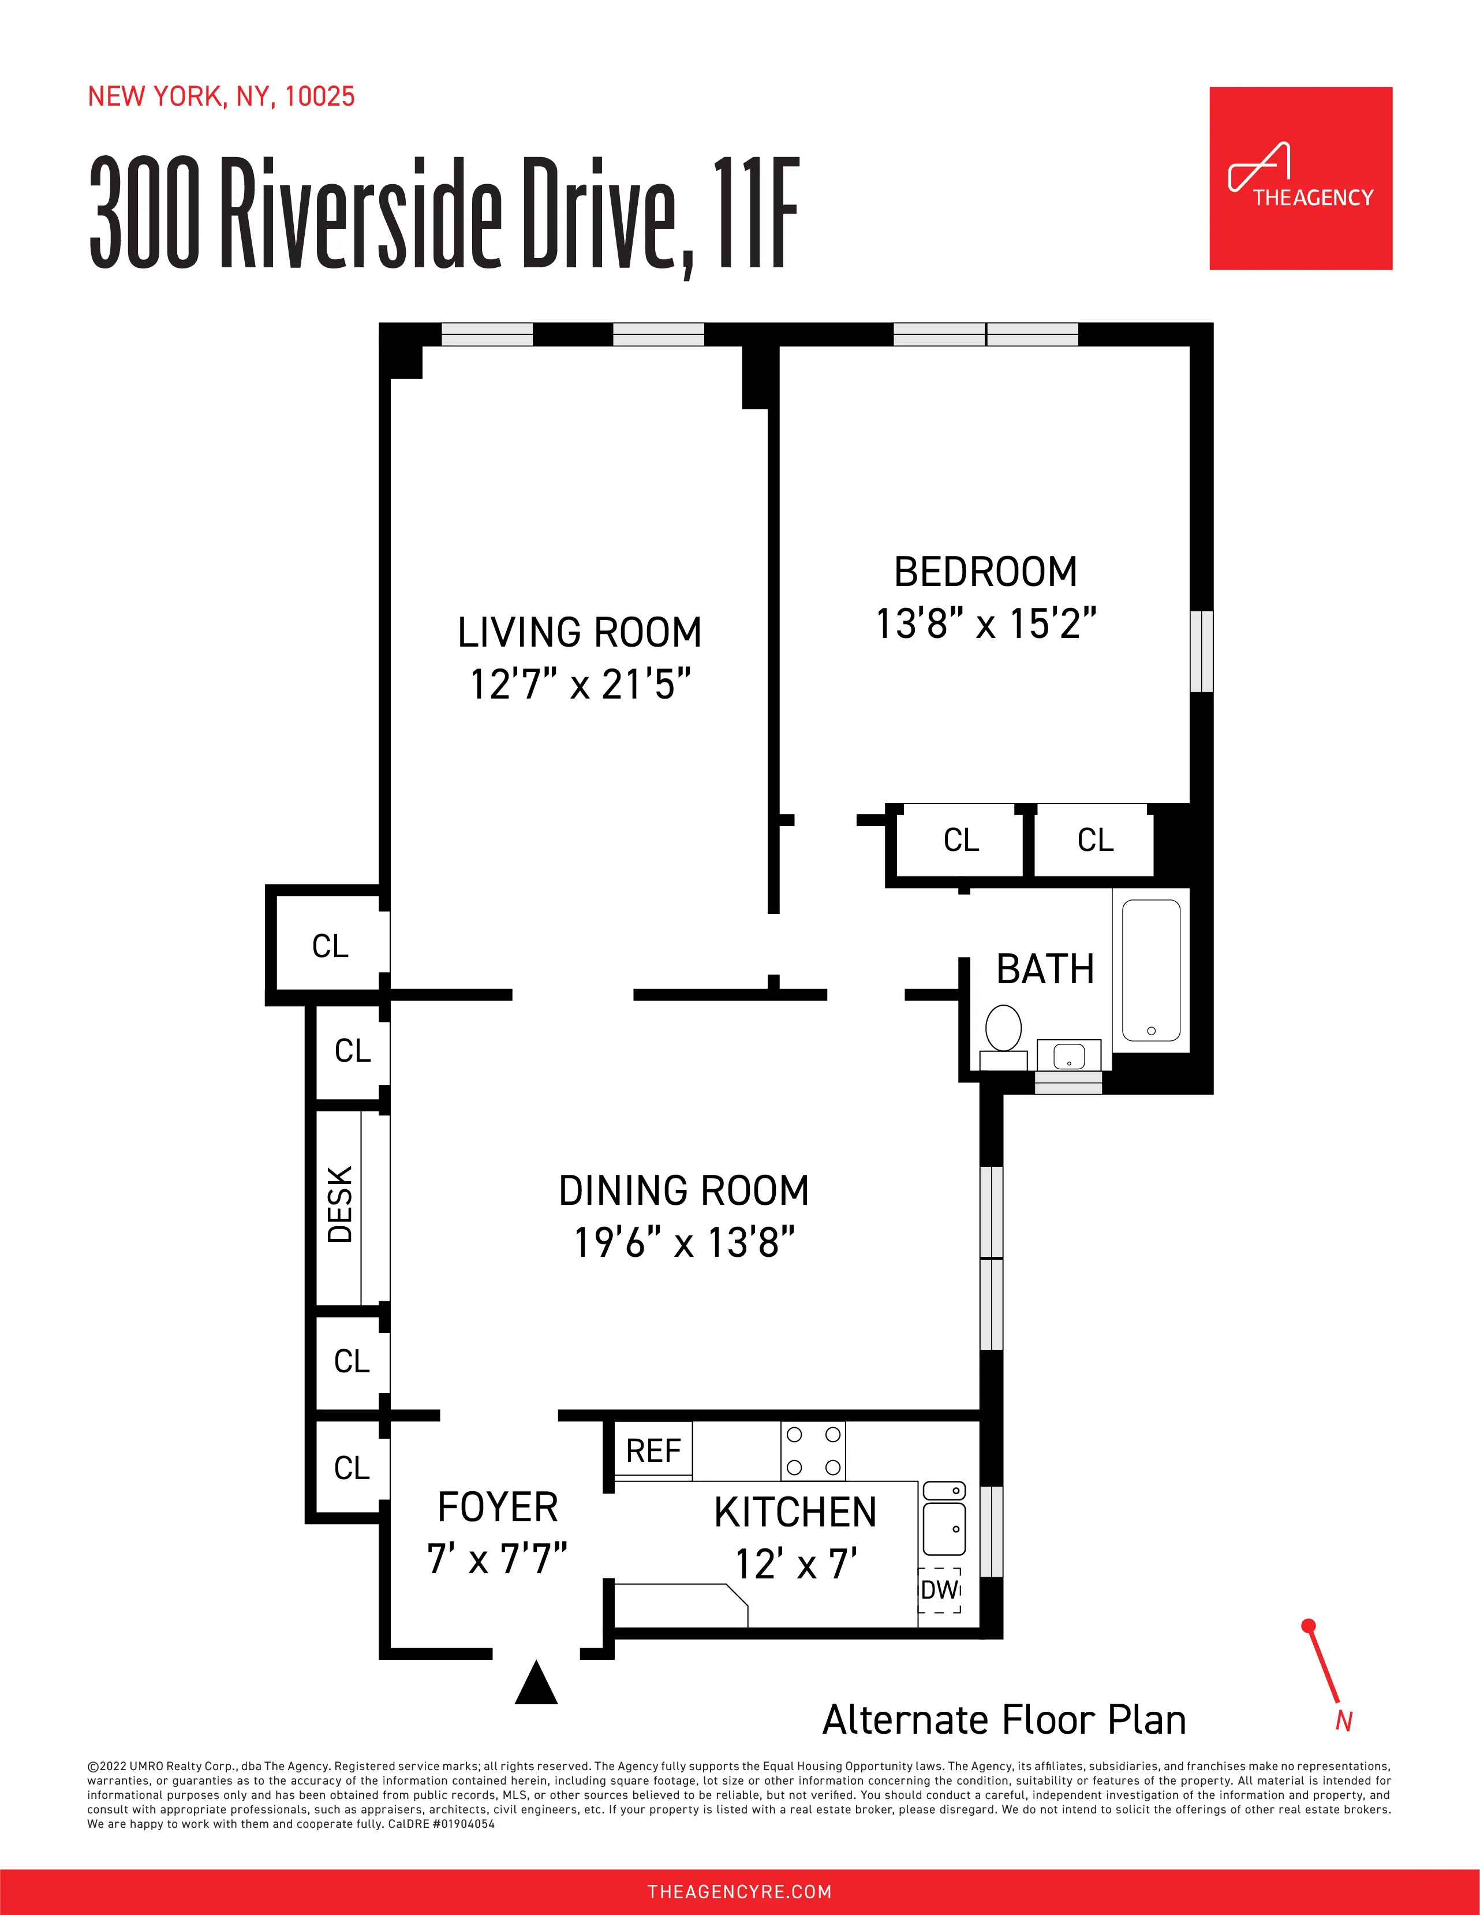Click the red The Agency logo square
tap(1300, 178)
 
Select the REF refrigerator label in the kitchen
tap(653, 1451)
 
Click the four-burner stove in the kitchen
tap(813, 1451)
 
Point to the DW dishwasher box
tap(939, 1590)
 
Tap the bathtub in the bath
tap(1150, 970)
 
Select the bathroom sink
tap(1069, 1056)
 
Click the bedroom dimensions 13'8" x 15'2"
tap(985, 624)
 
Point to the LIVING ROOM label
tap(580, 632)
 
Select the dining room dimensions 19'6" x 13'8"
tap(684, 1242)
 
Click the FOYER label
tap(497, 1507)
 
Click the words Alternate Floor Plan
tap(1004, 1720)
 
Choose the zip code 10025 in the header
tap(319, 96)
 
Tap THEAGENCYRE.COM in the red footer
tap(739, 1891)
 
